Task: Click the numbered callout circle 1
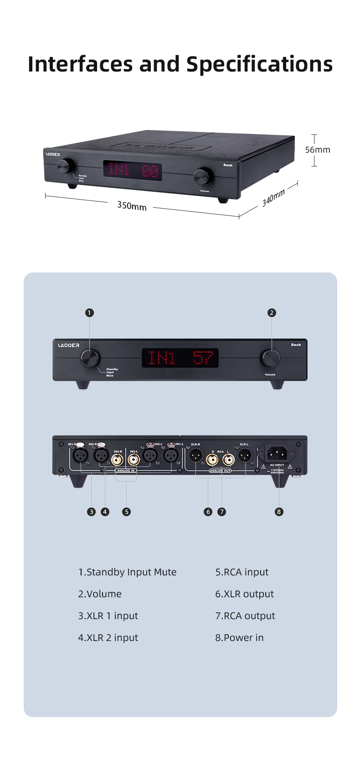pos(89,313)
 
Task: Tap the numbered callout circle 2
pos(272,313)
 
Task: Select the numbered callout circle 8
pos(279,512)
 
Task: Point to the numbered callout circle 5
pos(126,512)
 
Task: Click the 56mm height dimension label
pos(318,150)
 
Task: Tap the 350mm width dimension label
pos(132,206)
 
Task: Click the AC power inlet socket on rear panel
pos(277,453)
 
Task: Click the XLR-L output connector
pos(244,455)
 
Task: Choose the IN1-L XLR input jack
pos(170,455)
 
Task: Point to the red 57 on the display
pos(203,358)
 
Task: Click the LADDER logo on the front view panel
pos(69,345)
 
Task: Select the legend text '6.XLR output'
pos(244,594)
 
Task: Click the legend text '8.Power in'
pos(239,638)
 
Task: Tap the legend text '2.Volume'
pos(100,594)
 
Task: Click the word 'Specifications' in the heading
pos(260,64)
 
